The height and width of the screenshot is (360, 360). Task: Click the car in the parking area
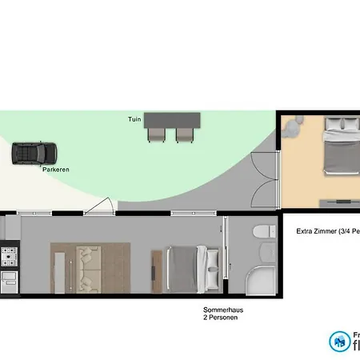click(x=34, y=153)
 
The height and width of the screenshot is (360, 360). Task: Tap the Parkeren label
click(x=55, y=170)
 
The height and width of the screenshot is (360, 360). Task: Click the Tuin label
click(x=134, y=119)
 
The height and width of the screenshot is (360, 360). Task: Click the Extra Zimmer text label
click(x=326, y=232)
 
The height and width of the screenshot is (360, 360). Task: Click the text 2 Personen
click(x=222, y=318)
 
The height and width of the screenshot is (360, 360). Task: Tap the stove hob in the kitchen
click(x=10, y=257)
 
